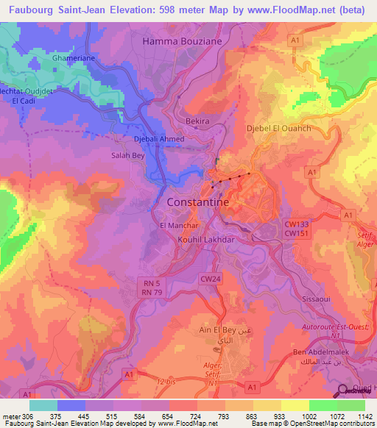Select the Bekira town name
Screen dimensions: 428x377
pos(197,120)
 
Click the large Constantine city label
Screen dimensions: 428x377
pos(198,201)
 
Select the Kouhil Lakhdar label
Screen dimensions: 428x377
pos(205,240)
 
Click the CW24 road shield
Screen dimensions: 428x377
pos(211,279)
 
